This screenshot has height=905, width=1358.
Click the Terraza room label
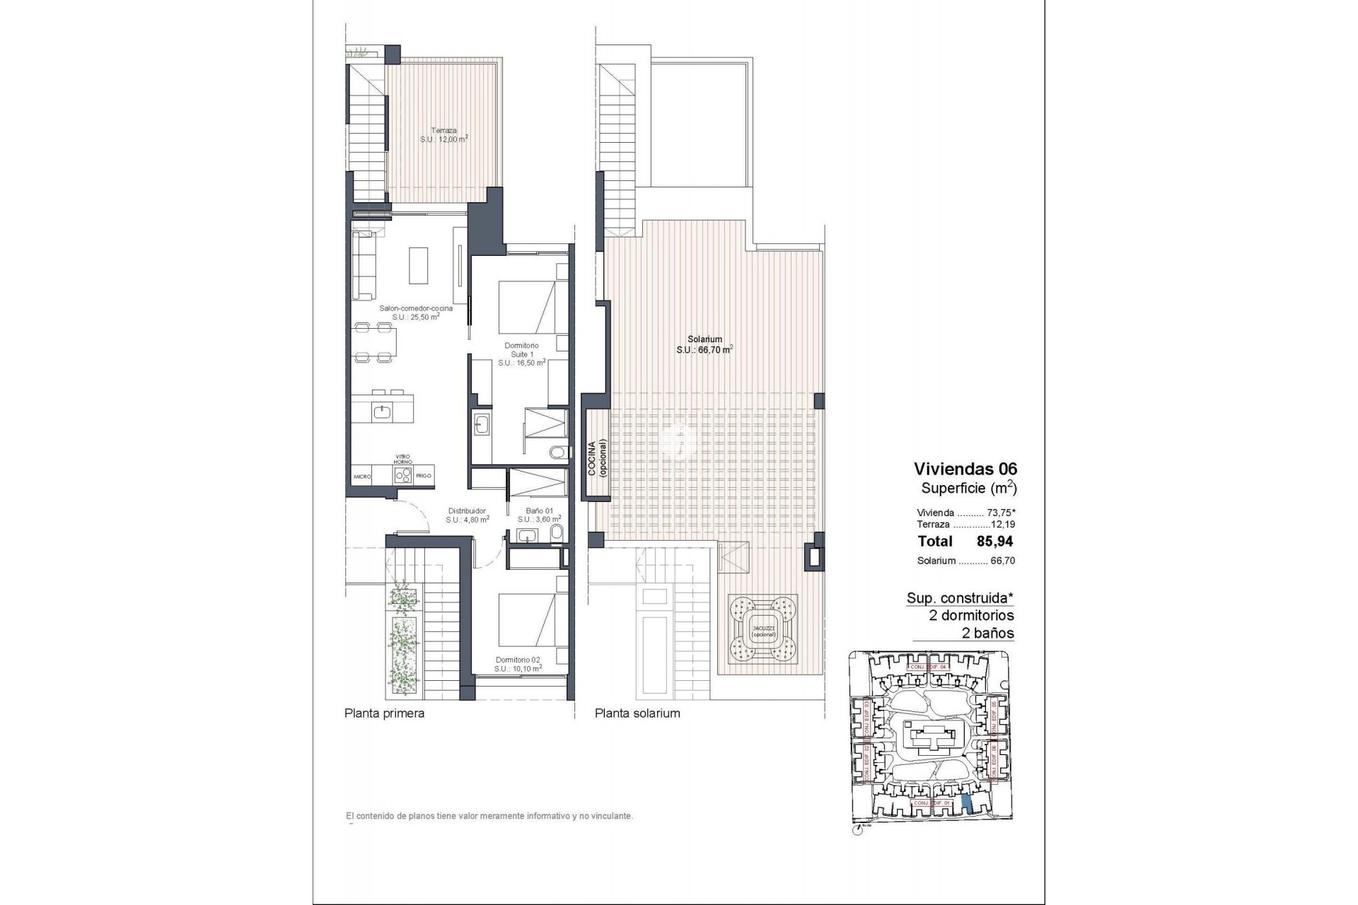(x=443, y=135)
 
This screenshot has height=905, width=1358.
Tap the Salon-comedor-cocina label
(x=416, y=313)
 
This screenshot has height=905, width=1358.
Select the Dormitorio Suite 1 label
(x=521, y=354)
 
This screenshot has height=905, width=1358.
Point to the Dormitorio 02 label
(x=518, y=664)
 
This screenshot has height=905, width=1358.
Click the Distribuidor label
(x=467, y=515)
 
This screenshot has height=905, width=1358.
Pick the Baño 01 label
(x=539, y=515)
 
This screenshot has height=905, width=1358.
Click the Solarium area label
(x=704, y=344)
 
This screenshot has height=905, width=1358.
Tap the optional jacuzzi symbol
(x=763, y=629)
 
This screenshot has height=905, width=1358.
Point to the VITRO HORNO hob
(x=403, y=475)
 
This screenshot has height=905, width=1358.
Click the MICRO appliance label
(x=363, y=477)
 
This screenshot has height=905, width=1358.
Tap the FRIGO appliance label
(x=424, y=476)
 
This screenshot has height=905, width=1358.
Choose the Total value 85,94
(x=994, y=542)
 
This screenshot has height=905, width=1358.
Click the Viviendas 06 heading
(x=965, y=468)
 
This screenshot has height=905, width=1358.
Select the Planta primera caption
(x=384, y=713)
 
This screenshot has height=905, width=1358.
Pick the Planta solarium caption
(x=637, y=713)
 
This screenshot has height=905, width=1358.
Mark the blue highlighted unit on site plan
(x=967, y=803)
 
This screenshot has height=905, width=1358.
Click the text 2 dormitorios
(x=971, y=615)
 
